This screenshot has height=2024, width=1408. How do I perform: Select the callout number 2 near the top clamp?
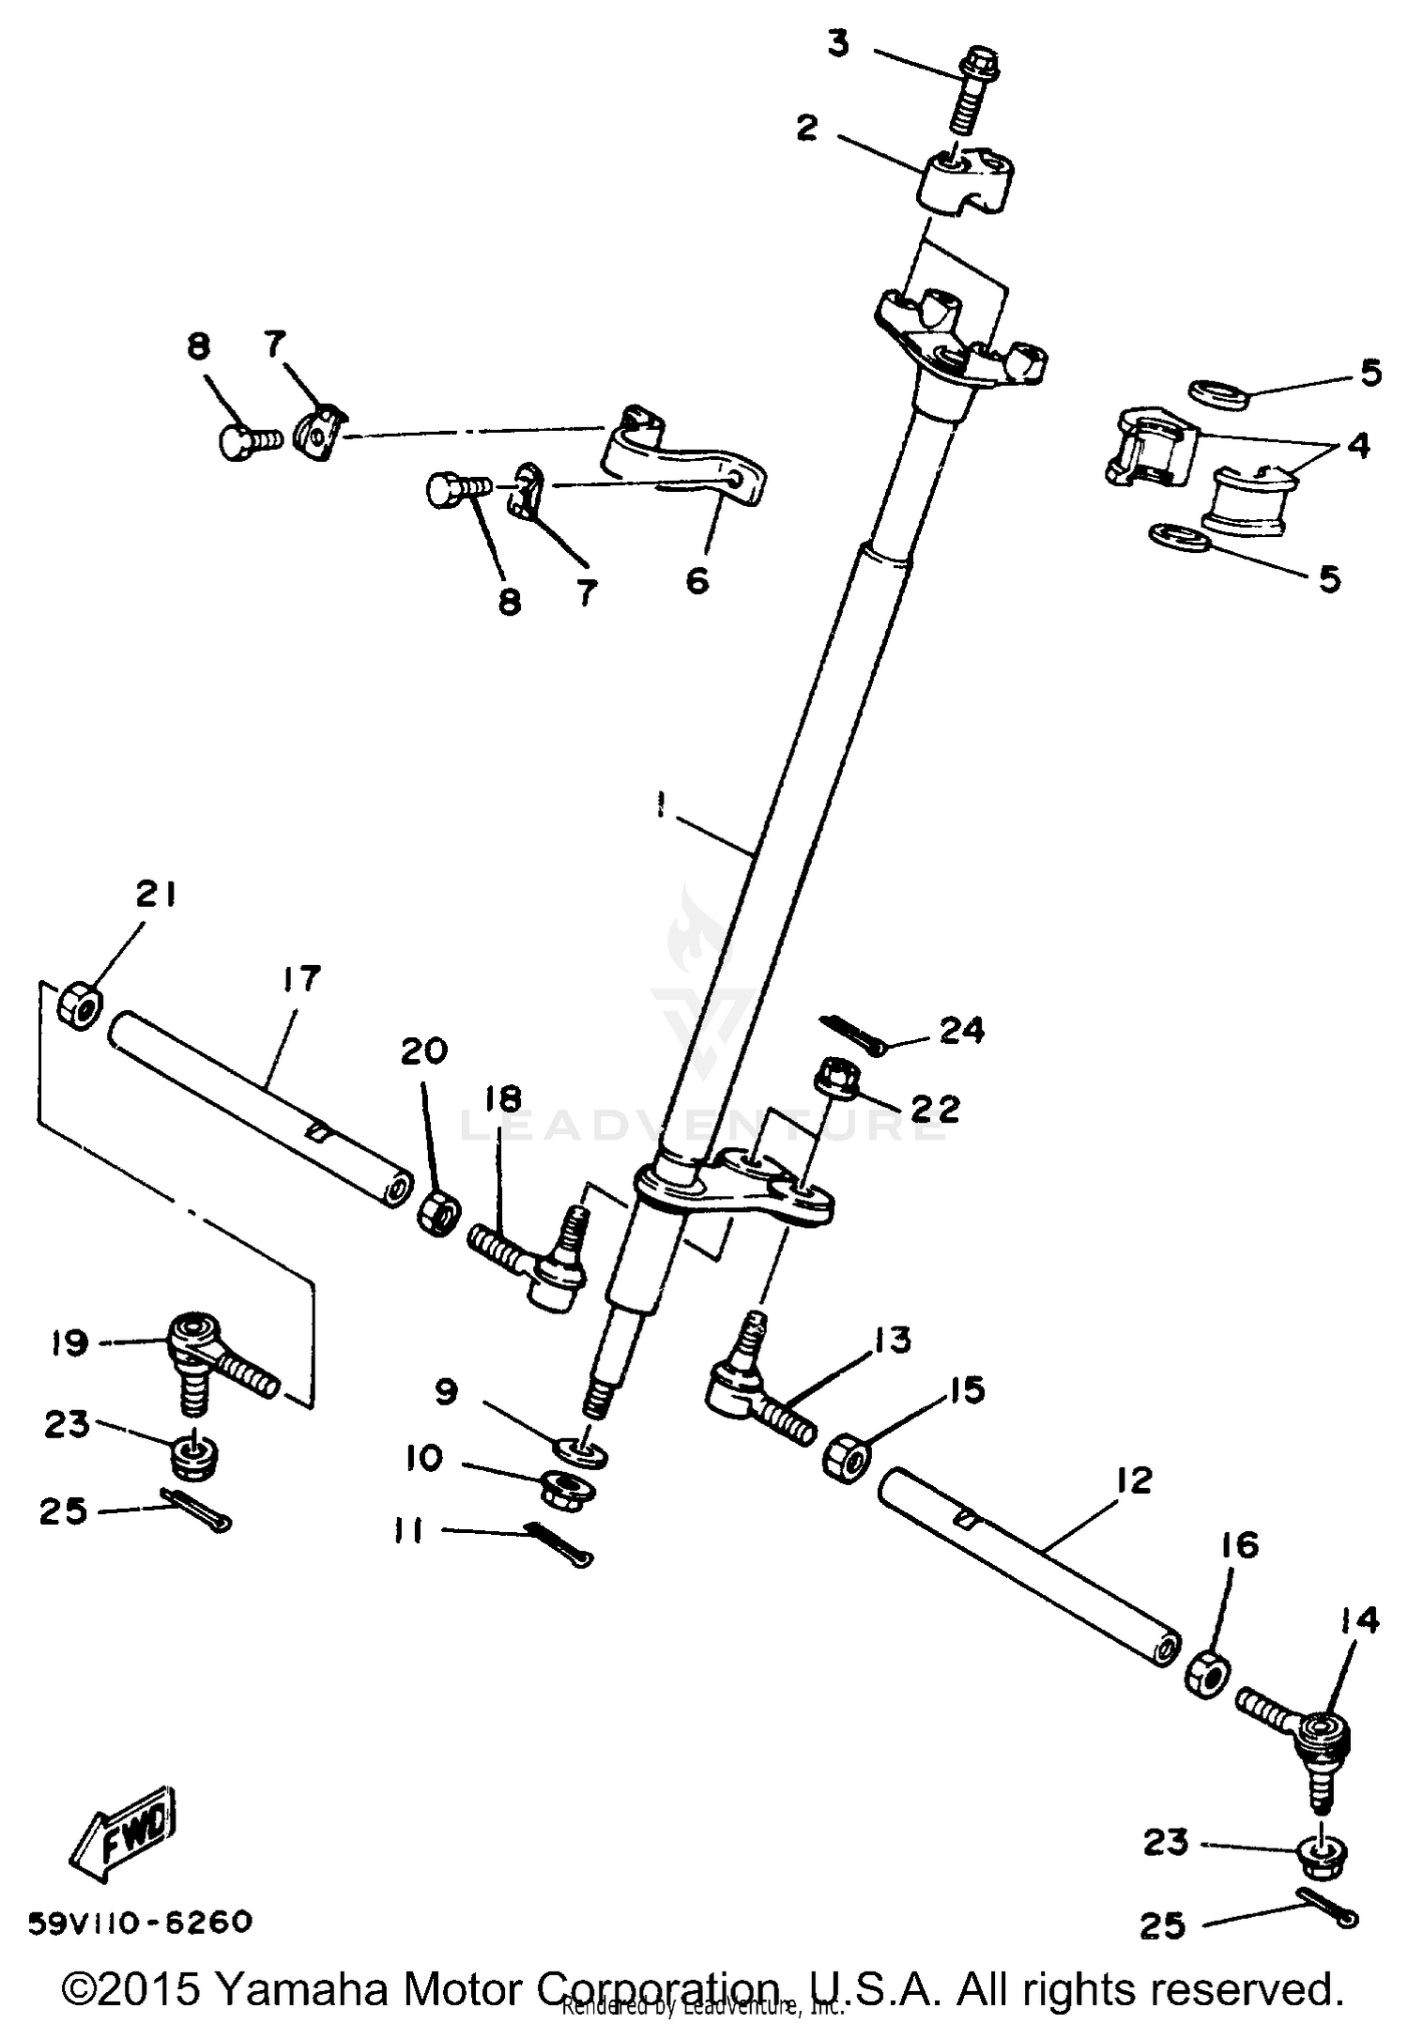[x=807, y=129]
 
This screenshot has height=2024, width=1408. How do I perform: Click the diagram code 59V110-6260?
[x=141, y=1921]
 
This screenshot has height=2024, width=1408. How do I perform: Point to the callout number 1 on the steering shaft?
[x=662, y=805]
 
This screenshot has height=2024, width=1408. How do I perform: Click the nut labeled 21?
[x=79, y=1004]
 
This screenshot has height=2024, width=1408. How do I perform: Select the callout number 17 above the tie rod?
[x=300, y=978]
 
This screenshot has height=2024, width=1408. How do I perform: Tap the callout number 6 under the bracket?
[x=696, y=581]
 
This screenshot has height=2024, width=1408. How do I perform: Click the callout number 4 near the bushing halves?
[x=1357, y=445]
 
